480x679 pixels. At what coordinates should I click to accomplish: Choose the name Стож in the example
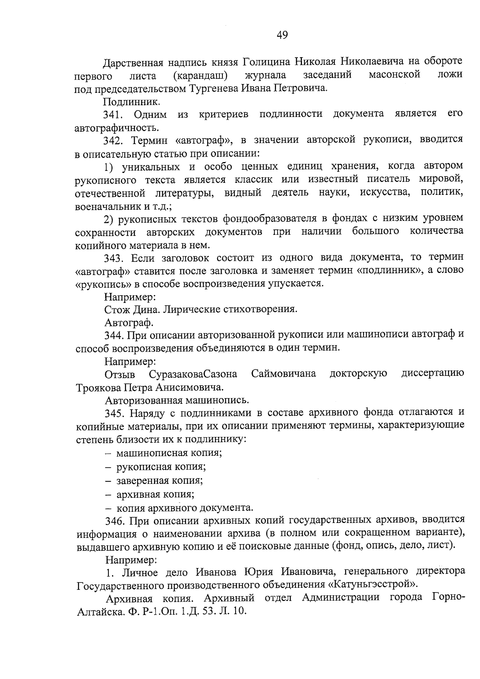(x=116, y=309)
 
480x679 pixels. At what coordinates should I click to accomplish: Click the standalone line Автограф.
(x=129, y=322)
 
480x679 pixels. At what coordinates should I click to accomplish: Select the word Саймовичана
(x=284, y=374)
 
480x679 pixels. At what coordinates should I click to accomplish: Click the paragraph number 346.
(x=114, y=521)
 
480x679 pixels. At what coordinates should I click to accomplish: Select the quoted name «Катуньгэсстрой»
(x=372, y=585)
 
